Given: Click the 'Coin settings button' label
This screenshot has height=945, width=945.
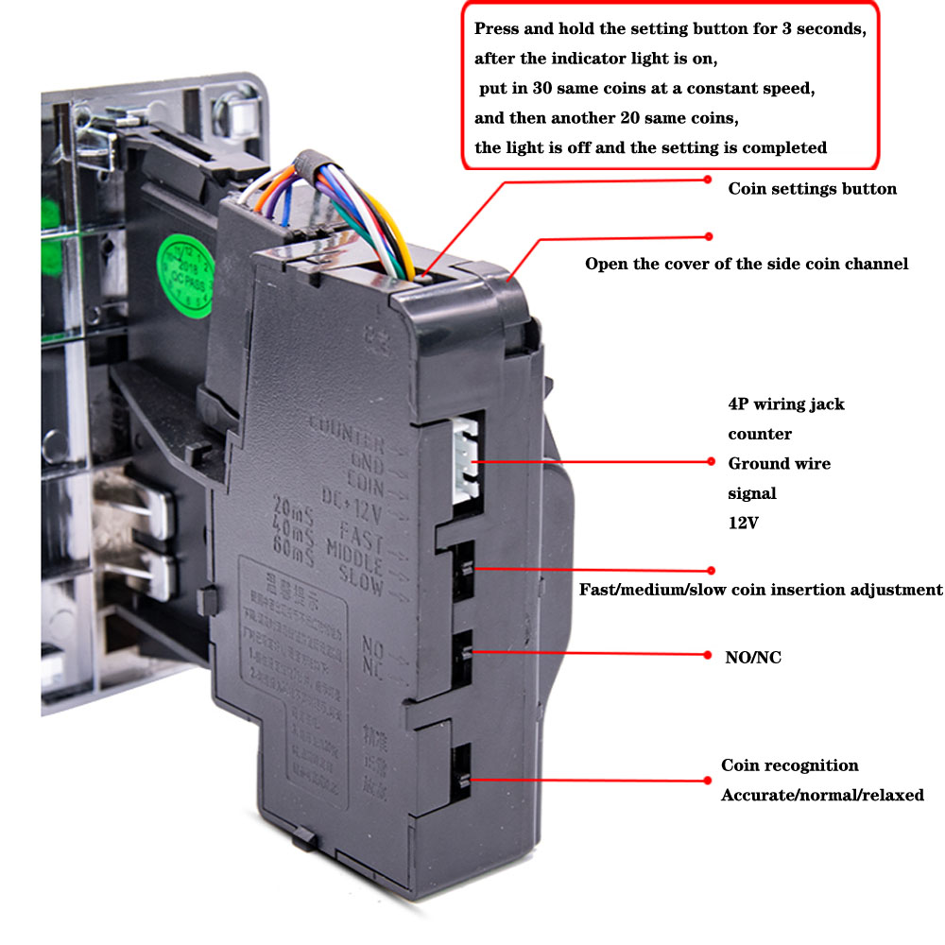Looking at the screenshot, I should (x=812, y=189).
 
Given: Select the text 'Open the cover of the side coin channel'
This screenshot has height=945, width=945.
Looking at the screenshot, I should (x=747, y=265).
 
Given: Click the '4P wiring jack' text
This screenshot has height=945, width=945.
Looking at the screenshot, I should (x=786, y=404).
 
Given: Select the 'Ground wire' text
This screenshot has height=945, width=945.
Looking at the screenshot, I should (x=779, y=464).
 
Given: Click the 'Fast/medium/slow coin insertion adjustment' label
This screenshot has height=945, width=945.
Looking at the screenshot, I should (x=761, y=590).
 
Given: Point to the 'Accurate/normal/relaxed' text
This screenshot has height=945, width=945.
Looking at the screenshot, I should (x=822, y=796).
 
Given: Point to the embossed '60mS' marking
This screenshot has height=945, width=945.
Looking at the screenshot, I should (x=292, y=541).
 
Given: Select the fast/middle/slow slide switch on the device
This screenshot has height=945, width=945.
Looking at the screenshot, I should (x=465, y=570).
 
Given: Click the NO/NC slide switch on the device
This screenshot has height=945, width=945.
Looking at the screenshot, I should (x=465, y=651).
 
